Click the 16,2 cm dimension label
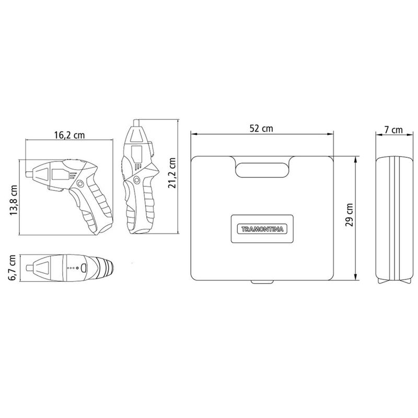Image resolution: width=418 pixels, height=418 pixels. click(x=69, y=135)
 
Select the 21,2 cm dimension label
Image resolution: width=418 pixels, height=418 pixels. click(x=172, y=173)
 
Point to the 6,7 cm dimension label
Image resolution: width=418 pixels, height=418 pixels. click(x=12, y=268)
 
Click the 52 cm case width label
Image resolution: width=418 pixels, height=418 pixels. click(x=261, y=129)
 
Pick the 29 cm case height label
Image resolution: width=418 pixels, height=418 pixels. click(x=349, y=215)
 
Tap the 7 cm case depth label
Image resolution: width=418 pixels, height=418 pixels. click(x=393, y=130)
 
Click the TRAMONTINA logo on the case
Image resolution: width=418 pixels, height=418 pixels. click(x=262, y=229)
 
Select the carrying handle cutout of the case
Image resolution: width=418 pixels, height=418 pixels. click(x=262, y=169)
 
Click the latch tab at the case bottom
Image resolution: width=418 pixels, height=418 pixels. click(x=262, y=282)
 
